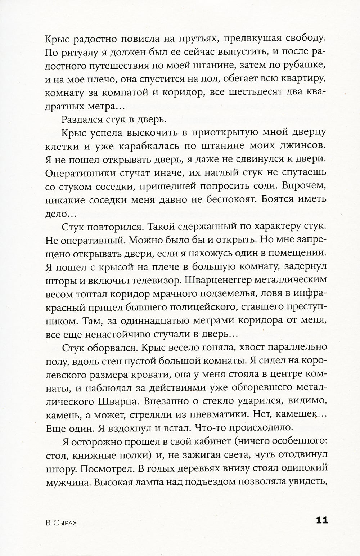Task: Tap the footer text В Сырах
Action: [61, 522]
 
